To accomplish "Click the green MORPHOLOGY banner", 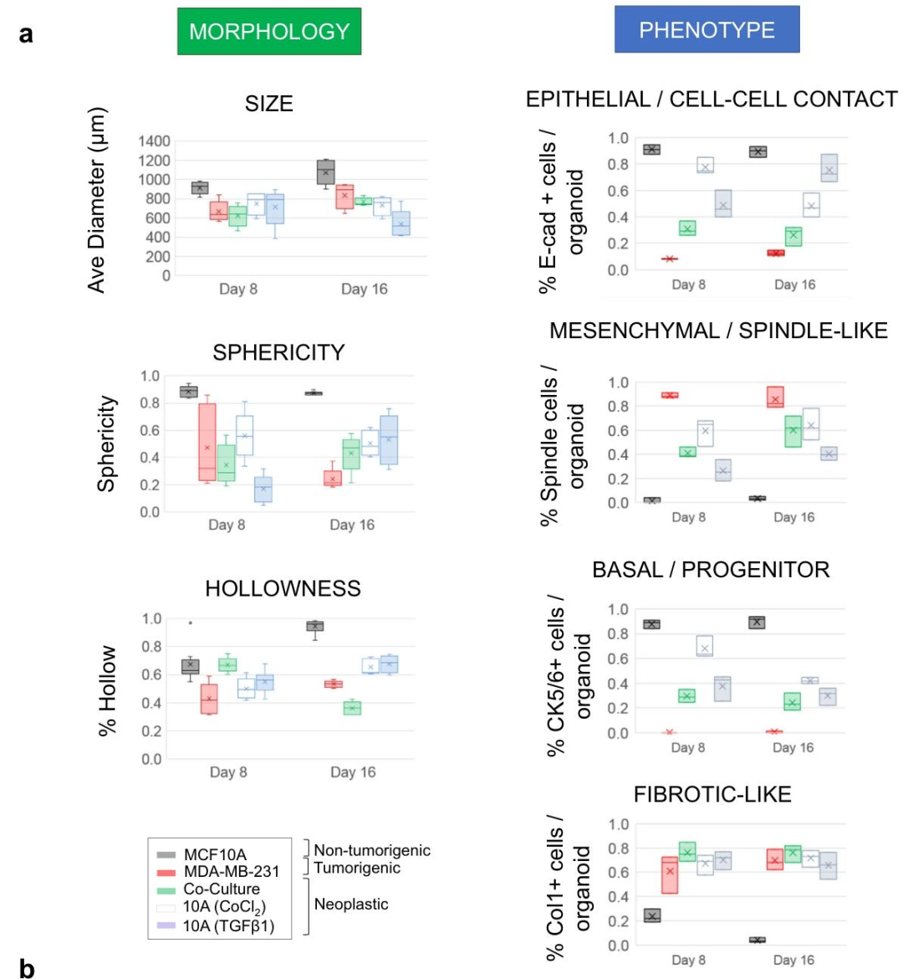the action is (269, 31).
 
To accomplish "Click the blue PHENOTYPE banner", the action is (707, 29).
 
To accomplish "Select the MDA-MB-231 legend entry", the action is (217, 872).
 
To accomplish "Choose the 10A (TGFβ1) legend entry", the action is (215, 926).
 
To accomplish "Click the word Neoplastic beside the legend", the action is (351, 904).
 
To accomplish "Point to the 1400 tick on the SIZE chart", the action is (154, 141).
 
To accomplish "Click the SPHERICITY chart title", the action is (279, 353).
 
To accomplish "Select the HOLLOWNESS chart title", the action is (283, 588).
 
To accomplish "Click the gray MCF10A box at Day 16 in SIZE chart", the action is (326, 172).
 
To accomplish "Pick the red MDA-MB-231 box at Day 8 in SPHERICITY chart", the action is (208, 442).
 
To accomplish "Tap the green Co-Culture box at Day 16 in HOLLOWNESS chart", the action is (352, 708).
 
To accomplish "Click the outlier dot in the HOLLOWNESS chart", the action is (191, 623).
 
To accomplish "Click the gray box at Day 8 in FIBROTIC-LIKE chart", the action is (652, 915).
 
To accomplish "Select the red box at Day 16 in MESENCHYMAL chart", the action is (775, 397).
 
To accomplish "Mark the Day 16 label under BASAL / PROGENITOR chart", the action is (793, 747).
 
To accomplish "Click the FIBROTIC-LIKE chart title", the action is (712, 794).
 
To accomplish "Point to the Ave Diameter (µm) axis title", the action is (97, 201).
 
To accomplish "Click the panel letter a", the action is (26, 33).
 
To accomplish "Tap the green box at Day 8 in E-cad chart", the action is (687, 228).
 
